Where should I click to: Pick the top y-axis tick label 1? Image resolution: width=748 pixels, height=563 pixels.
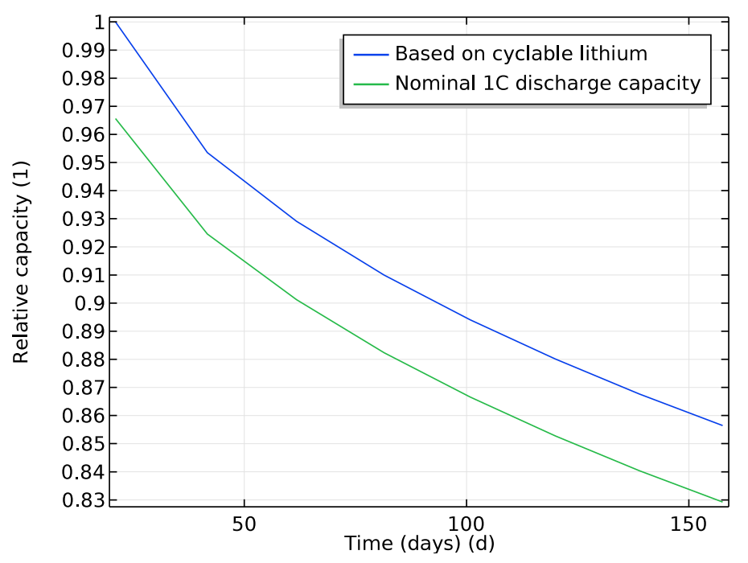[99, 23]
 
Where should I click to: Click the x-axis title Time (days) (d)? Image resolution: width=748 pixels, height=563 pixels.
[419, 544]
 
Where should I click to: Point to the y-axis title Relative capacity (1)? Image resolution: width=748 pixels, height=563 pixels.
[22, 262]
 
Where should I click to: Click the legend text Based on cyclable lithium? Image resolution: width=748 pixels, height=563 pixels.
[520, 55]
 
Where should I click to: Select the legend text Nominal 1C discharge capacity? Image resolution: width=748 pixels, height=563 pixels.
[547, 83]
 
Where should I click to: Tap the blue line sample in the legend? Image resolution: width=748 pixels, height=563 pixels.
[371, 55]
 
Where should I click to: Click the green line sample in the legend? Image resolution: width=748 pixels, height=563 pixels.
[371, 83]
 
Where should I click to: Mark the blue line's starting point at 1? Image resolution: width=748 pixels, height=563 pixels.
[116, 23]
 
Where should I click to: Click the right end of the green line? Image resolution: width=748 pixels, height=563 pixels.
[722, 502]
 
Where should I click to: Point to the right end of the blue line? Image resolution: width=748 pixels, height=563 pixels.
[722, 425]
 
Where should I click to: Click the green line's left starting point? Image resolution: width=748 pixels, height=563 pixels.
[116, 119]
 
